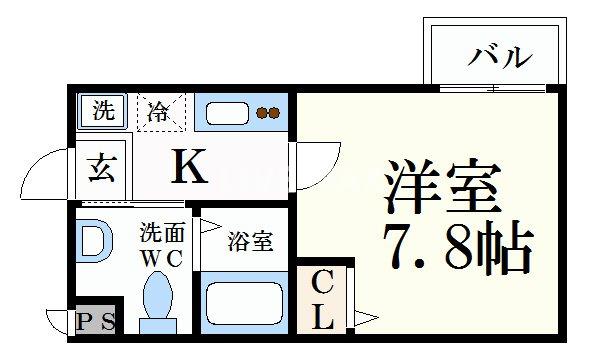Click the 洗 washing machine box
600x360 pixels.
103,111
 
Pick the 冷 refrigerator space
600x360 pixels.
159,112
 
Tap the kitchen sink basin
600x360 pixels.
228,113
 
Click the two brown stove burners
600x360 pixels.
267,113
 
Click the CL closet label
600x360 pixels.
322,299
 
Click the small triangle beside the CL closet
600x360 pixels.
364,320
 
